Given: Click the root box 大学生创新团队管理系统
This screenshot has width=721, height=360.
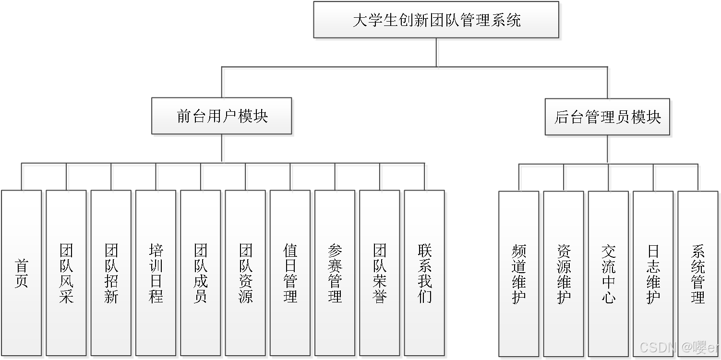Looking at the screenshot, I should [436, 20].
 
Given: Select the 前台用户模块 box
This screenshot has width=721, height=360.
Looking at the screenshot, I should [222, 116].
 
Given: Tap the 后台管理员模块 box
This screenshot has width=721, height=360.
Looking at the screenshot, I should [607, 117].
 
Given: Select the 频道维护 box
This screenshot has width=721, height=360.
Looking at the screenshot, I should [519, 274].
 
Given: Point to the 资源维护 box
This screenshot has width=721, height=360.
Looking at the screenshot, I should [564, 274].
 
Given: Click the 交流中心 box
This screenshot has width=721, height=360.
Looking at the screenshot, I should [608, 274].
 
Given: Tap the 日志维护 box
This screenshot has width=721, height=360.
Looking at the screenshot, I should [653, 274].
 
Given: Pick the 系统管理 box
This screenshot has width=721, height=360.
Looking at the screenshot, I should [697, 274].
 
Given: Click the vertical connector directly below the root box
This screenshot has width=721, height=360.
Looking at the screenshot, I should [438, 53].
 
